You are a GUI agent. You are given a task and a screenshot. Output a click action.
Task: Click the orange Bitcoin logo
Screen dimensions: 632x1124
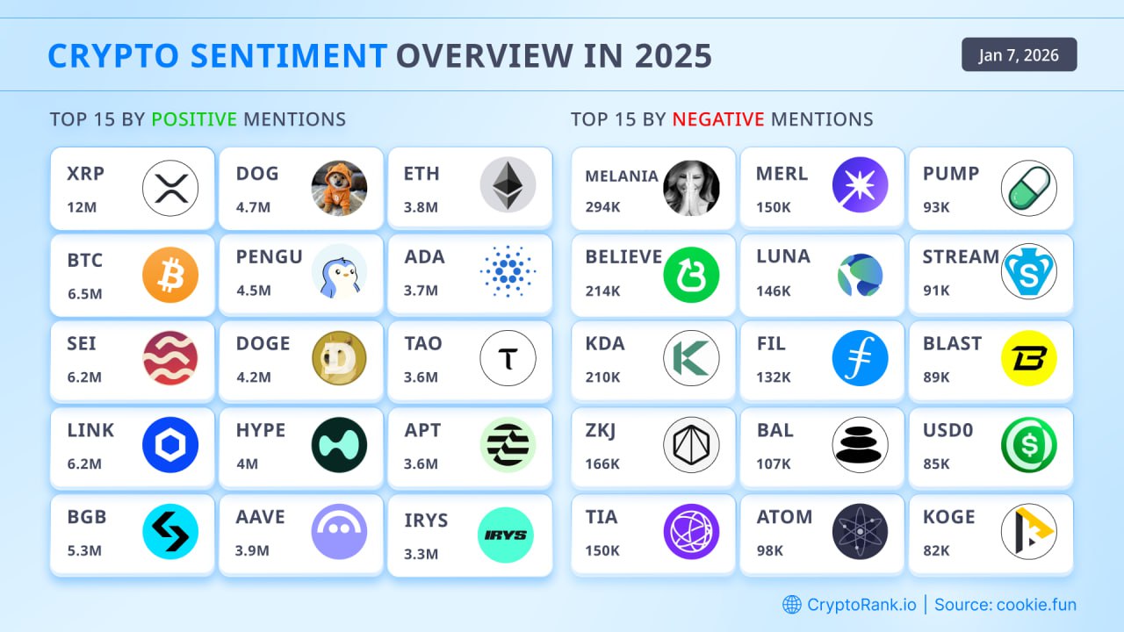point(170,275)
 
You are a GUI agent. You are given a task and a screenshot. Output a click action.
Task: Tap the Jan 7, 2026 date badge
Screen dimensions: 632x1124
point(1019,55)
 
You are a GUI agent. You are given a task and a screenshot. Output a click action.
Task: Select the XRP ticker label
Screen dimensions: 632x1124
point(85,174)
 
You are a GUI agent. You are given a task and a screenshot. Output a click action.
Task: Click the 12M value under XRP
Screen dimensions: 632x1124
point(83,207)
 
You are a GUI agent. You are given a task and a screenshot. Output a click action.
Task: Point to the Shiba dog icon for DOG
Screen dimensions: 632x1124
point(339,188)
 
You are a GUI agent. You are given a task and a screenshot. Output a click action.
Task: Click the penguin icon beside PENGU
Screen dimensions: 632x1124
point(339,272)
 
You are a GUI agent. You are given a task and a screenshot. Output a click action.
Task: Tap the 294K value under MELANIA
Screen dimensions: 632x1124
point(603,207)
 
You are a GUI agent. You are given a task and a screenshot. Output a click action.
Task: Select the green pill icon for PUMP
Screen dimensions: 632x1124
point(1028,188)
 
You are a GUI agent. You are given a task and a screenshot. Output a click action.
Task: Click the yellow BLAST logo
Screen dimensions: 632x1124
point(1028,358)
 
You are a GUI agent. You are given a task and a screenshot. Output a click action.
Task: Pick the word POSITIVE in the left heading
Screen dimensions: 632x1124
point(194,119)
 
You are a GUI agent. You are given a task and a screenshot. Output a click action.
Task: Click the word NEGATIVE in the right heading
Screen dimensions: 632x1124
point(717,119)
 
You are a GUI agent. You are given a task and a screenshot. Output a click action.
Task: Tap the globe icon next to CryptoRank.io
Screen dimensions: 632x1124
point(792,604)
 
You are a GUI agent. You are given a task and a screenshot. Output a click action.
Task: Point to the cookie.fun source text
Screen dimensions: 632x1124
point(1035,604)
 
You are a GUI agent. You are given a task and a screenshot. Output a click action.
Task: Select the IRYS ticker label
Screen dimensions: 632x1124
point(426,521)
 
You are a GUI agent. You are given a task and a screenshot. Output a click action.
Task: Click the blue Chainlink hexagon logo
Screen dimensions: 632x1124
point(170,445)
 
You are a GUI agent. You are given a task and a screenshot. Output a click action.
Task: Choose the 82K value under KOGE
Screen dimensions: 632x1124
point(936,550)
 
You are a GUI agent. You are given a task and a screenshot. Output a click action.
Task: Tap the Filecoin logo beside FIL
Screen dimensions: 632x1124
point(860,358)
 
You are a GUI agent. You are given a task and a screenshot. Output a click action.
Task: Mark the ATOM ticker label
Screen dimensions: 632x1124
point(784,517)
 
